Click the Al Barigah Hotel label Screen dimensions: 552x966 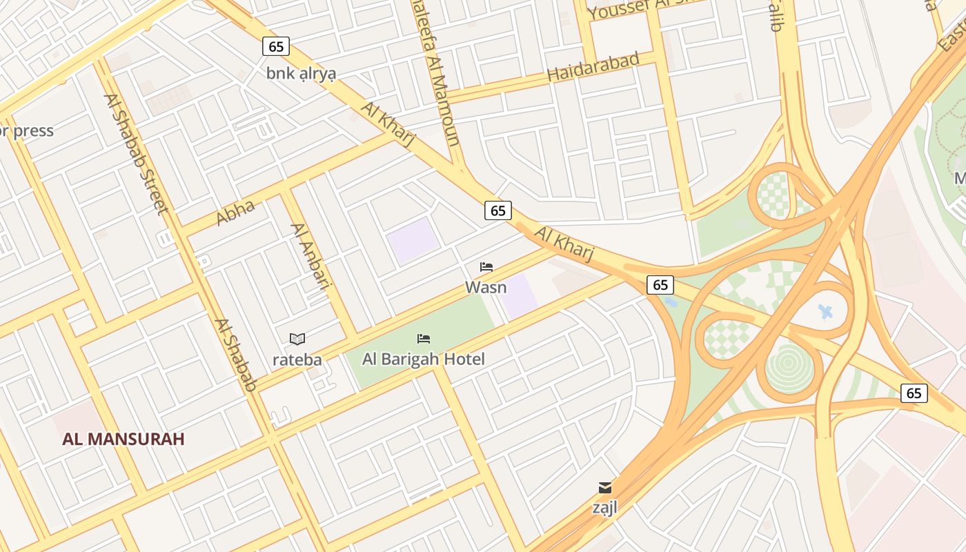tap(424, 359)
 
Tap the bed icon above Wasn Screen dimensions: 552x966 tap(486, 267)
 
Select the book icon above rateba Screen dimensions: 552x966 tap(297, 339)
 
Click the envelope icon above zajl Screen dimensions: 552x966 tap(605, 488)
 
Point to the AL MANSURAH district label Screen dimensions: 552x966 tap(124, 439)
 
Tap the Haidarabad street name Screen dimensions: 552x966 tap(593, 66)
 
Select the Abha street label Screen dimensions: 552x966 tap(235, 212)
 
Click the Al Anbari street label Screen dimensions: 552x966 tap(308, 256)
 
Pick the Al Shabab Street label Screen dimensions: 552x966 tap(136, 153)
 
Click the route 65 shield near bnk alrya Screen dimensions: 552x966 tap(276, 46)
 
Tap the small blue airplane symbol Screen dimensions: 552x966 tap(825, 312)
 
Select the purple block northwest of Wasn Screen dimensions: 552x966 tap(412, 239)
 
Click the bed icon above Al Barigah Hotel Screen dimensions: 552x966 tap(424, 339)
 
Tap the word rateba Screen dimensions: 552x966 tap(297, 359)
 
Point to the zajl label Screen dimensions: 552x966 tap(605, 507)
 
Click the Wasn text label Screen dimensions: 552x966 tap(486, 287)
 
